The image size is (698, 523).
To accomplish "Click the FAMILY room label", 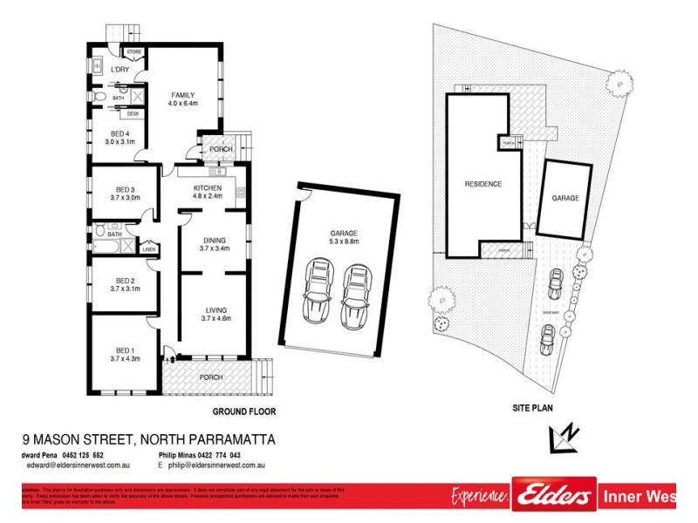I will coord(182,95).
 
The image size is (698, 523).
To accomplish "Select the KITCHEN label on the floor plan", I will coord(208,188).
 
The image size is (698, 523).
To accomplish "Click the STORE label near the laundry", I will coord(134,53).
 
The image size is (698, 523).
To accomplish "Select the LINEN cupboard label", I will coord(148,250).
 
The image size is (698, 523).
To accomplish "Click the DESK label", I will coord(133,114).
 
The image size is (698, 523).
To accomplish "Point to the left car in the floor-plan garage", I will coord(316,294).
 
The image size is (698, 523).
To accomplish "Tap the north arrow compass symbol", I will coord(562,437).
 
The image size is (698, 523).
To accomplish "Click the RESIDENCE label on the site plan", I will coord(482,184).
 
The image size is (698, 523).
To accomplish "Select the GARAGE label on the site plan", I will coord(565,199).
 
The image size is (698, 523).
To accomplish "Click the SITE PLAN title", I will coord(532,407).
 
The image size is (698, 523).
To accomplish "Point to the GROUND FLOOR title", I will coord(244,410).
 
